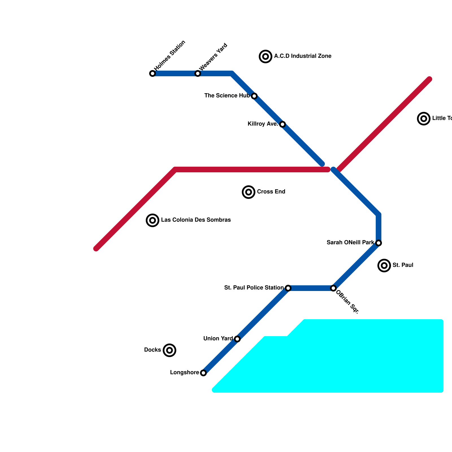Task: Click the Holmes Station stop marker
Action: click(x=153, y=73)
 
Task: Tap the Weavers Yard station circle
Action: click(x=198, y=73)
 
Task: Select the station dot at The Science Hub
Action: click(x=254, y=96)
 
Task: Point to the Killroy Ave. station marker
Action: click(x=282, y=124)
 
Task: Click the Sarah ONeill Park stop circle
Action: click(x=379, y=243)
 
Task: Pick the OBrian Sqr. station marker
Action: click(x=333, y=288)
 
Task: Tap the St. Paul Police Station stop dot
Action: click(x=288, y=288)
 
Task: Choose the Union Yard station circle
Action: click(x=237, y=339)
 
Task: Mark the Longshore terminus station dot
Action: click(x=203, y=373)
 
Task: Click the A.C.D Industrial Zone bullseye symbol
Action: click(x=266, y=56)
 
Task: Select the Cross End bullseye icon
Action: click(x=249, y=192)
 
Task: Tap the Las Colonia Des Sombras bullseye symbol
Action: click(x=153, y=220)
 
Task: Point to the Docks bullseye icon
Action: click(x=169, y=350)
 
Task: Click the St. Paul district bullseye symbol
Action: click(x=384, y=266)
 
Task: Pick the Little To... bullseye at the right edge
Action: click(x=424, y=119)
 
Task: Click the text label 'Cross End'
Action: click(x=271, y=192)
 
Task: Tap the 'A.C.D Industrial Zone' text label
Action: click(x=303, y=56)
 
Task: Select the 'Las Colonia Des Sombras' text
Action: click(x=196, y=220)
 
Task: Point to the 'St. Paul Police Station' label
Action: click(x=254, y=288)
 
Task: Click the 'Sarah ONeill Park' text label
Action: click(x=350, y=243)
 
